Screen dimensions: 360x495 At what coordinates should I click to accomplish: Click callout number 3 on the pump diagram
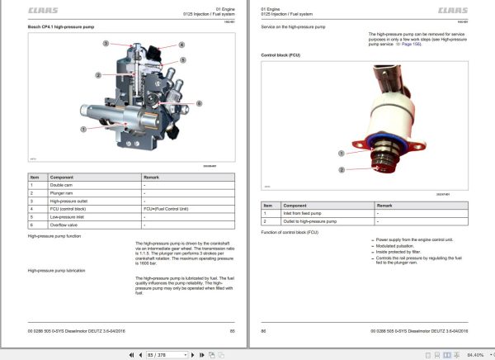[105, 42]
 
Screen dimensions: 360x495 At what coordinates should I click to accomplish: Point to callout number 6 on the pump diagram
[200, 102]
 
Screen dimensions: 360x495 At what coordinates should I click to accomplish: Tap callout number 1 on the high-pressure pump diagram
[82, 130]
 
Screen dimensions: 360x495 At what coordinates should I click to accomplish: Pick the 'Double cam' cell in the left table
[63, 186]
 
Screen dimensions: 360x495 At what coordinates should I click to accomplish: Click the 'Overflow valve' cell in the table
[66, 224]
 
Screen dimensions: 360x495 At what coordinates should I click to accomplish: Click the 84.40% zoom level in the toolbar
[474, 353]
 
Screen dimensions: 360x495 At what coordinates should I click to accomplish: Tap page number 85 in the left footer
[232, 329]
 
